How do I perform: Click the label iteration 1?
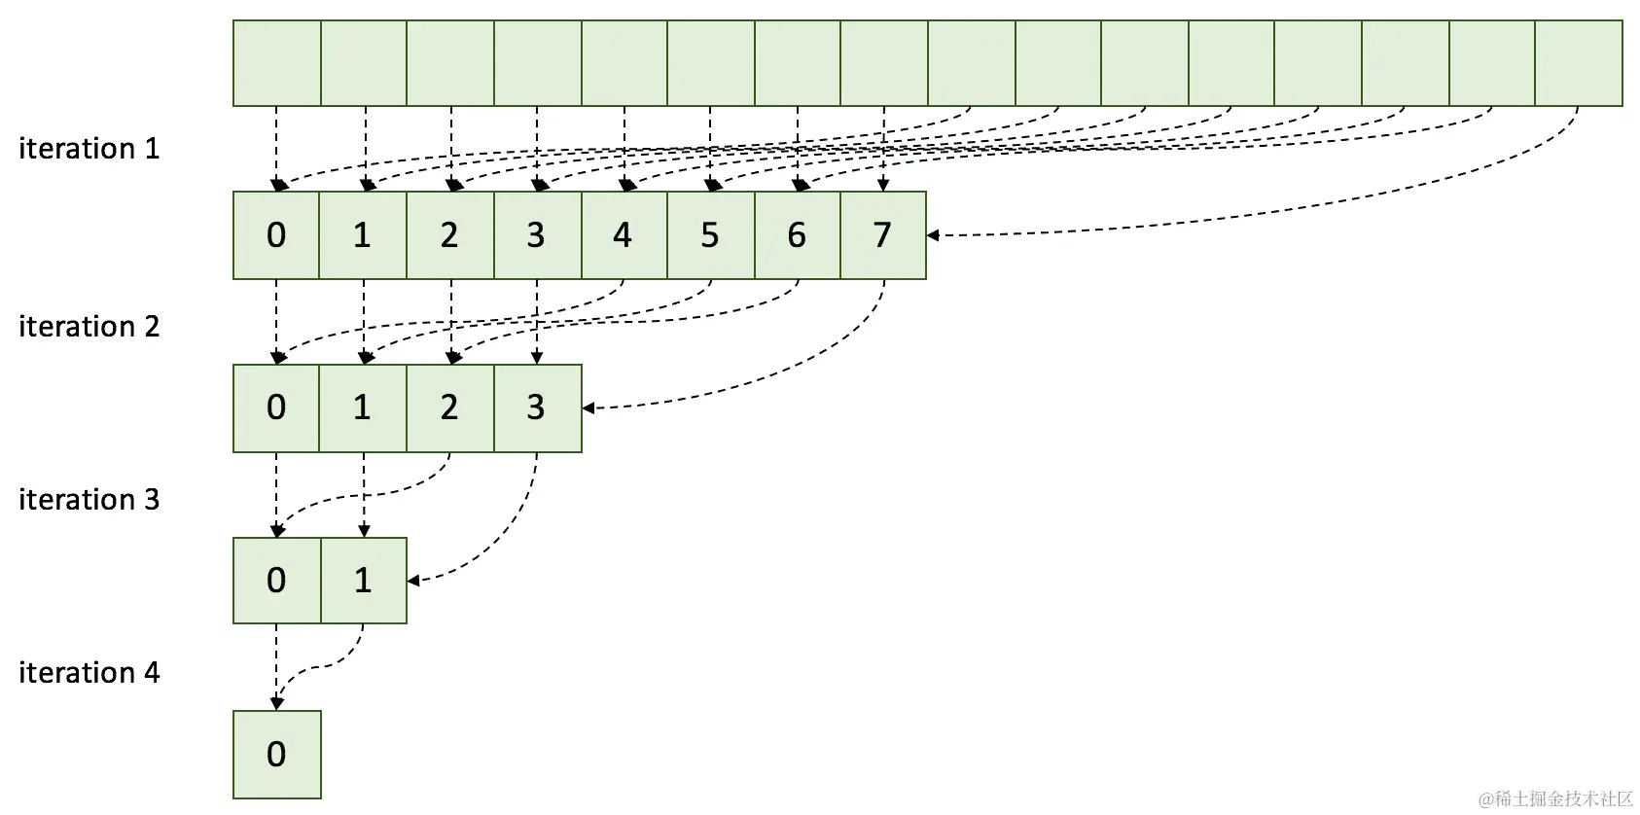[x=89, y=149]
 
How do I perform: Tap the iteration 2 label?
[x=89, y=327]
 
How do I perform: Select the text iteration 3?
[x=89, y=500]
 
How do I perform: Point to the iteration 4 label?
[x=89, y=673]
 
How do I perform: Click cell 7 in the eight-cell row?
[x=882, y=235]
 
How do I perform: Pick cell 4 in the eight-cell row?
[x=623, y=235]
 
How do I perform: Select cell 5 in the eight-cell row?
[x=710, y=235]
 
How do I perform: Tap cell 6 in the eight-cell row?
[x=797, y=235]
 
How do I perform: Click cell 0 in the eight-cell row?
[x=276, y=235]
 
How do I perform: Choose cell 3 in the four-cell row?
[x=536, y=407]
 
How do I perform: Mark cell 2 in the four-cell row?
[x=449, y=407]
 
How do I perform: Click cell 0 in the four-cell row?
[x=276, y=407]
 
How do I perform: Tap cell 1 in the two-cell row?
[x=363, y=581]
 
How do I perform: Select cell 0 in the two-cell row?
[x=276, y=581]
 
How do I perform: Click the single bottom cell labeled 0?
[x=276, y=755]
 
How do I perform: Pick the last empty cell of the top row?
[x=1578, y=63]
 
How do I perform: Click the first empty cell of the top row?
[x=276, y=63]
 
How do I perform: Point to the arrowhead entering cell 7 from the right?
[x=933, y=235]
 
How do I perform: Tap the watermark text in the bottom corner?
[x=1555, y=798]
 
